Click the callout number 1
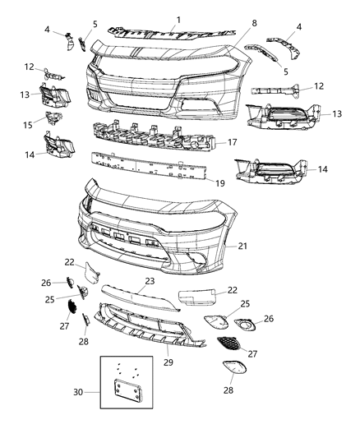point(180,18)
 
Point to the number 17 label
point(233,141)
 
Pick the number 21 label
point(242,246)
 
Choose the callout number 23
point(150,280)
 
